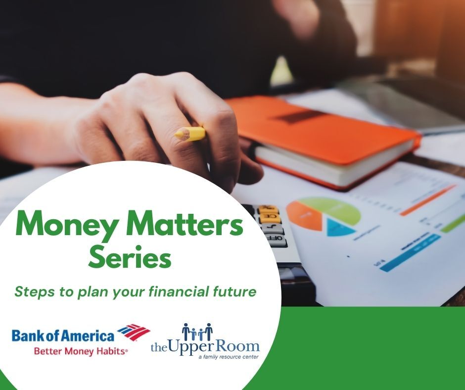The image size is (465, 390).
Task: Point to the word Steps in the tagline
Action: click(x=32, y=292)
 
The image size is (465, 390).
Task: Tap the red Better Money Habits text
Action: click(x=81, y=351)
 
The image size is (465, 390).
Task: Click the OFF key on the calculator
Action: click(x=276, y=241)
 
